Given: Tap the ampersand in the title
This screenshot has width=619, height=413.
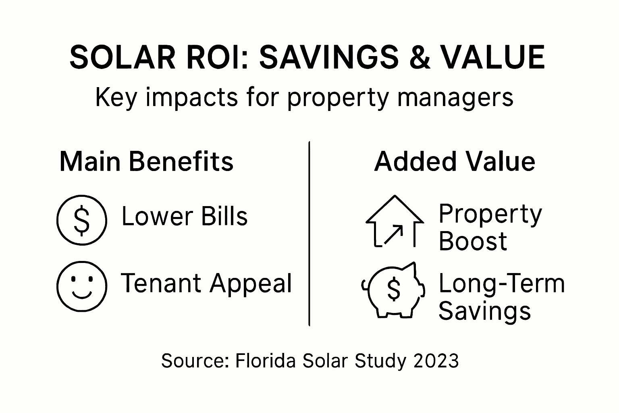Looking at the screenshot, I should click(x=418, y=57).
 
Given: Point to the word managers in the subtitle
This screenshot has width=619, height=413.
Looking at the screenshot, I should click(x=455, y=98).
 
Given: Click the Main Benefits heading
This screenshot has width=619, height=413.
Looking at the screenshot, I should click(x=146, y=161).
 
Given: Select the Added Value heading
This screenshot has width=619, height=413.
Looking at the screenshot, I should click(x=455, y=161).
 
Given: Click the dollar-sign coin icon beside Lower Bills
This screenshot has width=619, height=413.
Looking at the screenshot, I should click(x=82, y=220).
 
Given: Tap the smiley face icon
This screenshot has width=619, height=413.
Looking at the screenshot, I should click(x=82, y=286).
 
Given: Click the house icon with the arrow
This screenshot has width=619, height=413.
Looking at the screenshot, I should click(x=394, y=222).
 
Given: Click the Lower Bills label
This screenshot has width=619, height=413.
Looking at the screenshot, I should click(x=184, y=216).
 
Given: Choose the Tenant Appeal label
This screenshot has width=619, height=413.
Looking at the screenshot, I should click(x=206, y=283).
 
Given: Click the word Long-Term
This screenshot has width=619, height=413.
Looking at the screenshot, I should click(x=501, y=283).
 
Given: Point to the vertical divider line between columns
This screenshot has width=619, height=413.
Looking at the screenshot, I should click(x=309, y=234).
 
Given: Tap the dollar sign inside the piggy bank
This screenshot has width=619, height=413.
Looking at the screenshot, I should click(x=393, y=290).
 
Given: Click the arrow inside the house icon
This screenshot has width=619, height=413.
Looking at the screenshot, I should click(x=393, y=235).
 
